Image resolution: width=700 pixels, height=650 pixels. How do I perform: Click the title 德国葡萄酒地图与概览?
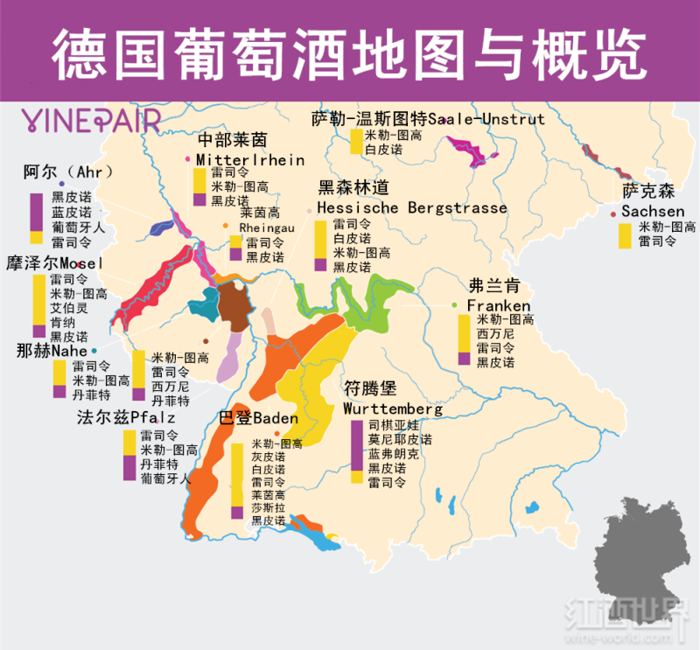tap(350, 50)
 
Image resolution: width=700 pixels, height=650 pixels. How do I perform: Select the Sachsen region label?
tap(653, 211)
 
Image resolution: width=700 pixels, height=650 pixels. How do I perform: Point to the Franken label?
tap(498, 305)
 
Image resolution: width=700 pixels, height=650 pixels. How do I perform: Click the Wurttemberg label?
tap(392, 409)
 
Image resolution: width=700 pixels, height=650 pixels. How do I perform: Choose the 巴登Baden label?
tap(258, 418)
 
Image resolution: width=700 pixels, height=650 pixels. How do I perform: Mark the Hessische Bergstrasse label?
tap(411, 207)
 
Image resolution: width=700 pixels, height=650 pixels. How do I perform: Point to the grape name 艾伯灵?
tap(68, 308)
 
